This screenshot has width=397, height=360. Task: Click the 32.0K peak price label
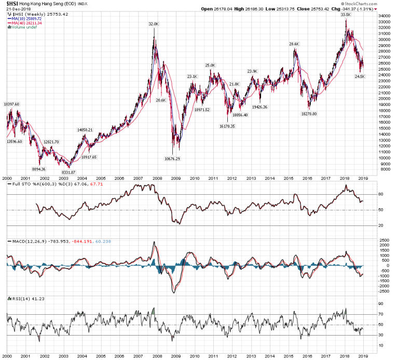[153, 24]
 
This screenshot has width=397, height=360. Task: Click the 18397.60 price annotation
[11, 104]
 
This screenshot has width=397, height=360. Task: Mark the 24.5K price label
[361, 76]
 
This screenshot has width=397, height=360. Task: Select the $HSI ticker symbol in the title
[13, 3]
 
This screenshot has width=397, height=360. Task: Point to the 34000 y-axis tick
[384, 16]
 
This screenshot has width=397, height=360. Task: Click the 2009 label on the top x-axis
[176, 178]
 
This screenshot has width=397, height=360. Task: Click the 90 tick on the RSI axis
[380, 303]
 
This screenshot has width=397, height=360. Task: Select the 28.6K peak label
[295, 44]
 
